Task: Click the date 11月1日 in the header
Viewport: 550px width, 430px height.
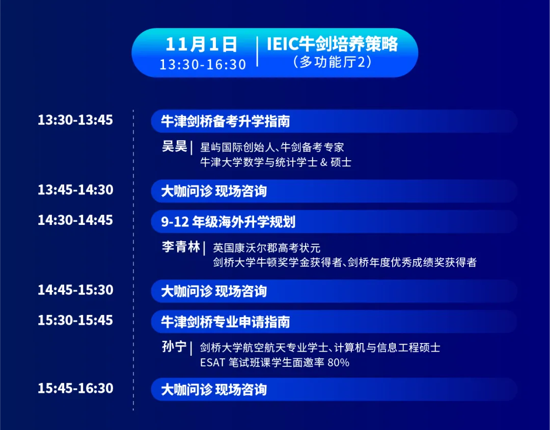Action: coord(201,44)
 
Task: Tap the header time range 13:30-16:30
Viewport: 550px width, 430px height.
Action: coord(203,65)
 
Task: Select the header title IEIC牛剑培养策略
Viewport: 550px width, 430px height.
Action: coord(332,44)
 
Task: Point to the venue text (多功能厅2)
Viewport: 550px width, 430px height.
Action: coord(332,62)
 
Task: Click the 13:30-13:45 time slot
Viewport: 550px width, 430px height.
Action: coord(75,120)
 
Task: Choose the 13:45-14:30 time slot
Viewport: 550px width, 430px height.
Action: coord(75,190)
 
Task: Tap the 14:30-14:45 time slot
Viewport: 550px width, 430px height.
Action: coord(75,220)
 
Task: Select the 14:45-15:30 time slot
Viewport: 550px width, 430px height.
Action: coord(75,290)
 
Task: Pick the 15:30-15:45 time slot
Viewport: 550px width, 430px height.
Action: coord(75,320)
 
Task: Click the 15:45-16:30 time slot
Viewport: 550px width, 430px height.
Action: coord(75,388)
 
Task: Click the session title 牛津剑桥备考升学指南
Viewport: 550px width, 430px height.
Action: coord(226,121)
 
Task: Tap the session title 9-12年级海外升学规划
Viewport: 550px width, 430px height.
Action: coord(228,222)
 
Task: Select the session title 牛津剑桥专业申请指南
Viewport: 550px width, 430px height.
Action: coord(226,322)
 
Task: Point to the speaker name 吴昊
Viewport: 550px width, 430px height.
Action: coord(174,147)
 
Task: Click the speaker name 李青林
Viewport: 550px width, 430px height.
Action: coord(181,247)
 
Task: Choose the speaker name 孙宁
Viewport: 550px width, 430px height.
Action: coord(174,347)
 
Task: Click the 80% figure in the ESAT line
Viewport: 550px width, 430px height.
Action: coord(338,362)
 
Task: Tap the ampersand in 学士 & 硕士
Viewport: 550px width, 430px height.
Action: coord(324,162)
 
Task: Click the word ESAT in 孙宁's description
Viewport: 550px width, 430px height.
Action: coord(212,362)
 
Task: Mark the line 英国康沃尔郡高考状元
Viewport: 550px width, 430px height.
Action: coord(266,248)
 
